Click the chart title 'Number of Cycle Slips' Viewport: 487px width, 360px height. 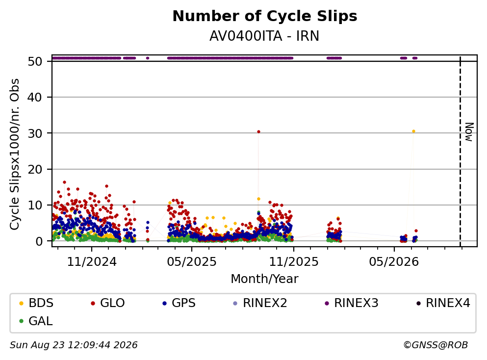tap(265, 16)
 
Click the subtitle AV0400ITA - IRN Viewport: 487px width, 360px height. tap(264, 36)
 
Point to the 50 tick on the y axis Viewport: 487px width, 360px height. tap(35, 61)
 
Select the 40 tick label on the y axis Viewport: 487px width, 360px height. tap(35, 97)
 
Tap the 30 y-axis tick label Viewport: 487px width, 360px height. tap(35, 133)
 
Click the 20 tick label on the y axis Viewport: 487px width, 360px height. tap(35, 169)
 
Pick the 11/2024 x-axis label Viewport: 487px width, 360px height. tap(92, 262)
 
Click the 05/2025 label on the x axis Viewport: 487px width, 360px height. tap(192, 262)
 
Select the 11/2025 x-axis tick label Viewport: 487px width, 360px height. tap(293, 262)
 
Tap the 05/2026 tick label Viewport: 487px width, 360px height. tap(394, 262)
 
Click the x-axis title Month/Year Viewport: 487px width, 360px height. tap(264, 279)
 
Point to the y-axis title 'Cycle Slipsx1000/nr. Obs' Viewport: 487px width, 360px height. tap(15, 154)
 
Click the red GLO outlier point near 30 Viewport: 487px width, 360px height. tap(258, 132)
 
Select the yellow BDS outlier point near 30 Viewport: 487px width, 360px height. tap(413, 131)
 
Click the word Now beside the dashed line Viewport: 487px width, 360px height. tap(469, 132)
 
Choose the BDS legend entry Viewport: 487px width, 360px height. tap(36, 303)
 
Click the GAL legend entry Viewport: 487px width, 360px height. tap(36, 321)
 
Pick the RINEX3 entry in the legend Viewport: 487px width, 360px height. tap(352, 303)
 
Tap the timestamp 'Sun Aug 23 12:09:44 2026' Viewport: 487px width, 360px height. tap(74, 345)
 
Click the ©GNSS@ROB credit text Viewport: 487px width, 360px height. tap(436, 345)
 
